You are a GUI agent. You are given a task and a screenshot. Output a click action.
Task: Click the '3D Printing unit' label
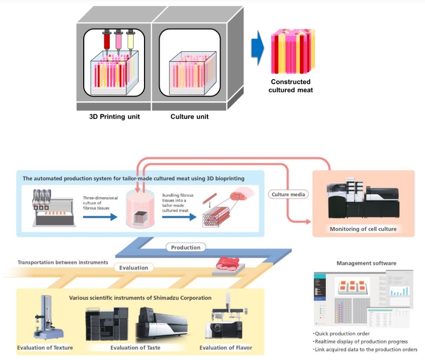click(115, 116)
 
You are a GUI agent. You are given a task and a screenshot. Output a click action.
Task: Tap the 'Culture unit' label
click(189, 116)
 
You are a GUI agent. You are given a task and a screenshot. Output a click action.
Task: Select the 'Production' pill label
click(186, 247)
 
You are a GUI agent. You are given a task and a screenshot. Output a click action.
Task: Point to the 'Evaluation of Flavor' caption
click(226, 348)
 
